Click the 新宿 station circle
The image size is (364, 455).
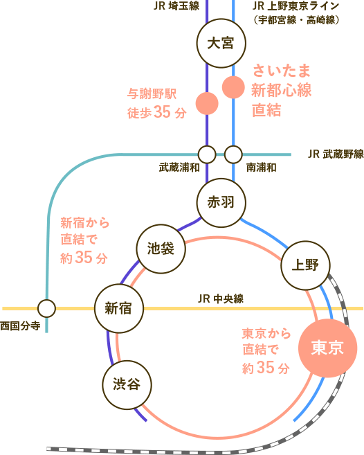118,308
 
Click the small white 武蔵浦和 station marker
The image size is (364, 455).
206,154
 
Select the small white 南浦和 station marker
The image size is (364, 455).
233,154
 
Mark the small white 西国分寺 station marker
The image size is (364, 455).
46,308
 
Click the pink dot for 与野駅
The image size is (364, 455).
206,103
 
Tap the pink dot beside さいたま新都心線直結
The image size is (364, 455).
233,87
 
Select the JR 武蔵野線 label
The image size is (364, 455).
335,153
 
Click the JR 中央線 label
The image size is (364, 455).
221,298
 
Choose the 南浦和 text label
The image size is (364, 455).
262,168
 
